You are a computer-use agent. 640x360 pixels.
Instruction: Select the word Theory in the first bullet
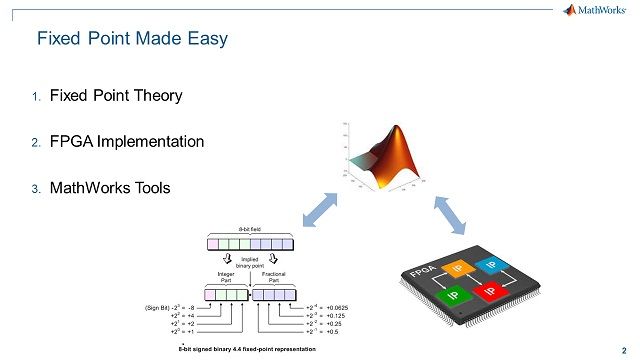(157, 96)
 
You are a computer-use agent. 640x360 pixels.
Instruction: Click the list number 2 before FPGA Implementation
(34, 143)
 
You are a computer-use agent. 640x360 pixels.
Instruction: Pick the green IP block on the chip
(453, 296)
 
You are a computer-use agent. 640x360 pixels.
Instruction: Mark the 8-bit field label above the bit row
(249, 229)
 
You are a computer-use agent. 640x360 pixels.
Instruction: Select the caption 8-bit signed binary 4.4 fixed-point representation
(247, 348)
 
